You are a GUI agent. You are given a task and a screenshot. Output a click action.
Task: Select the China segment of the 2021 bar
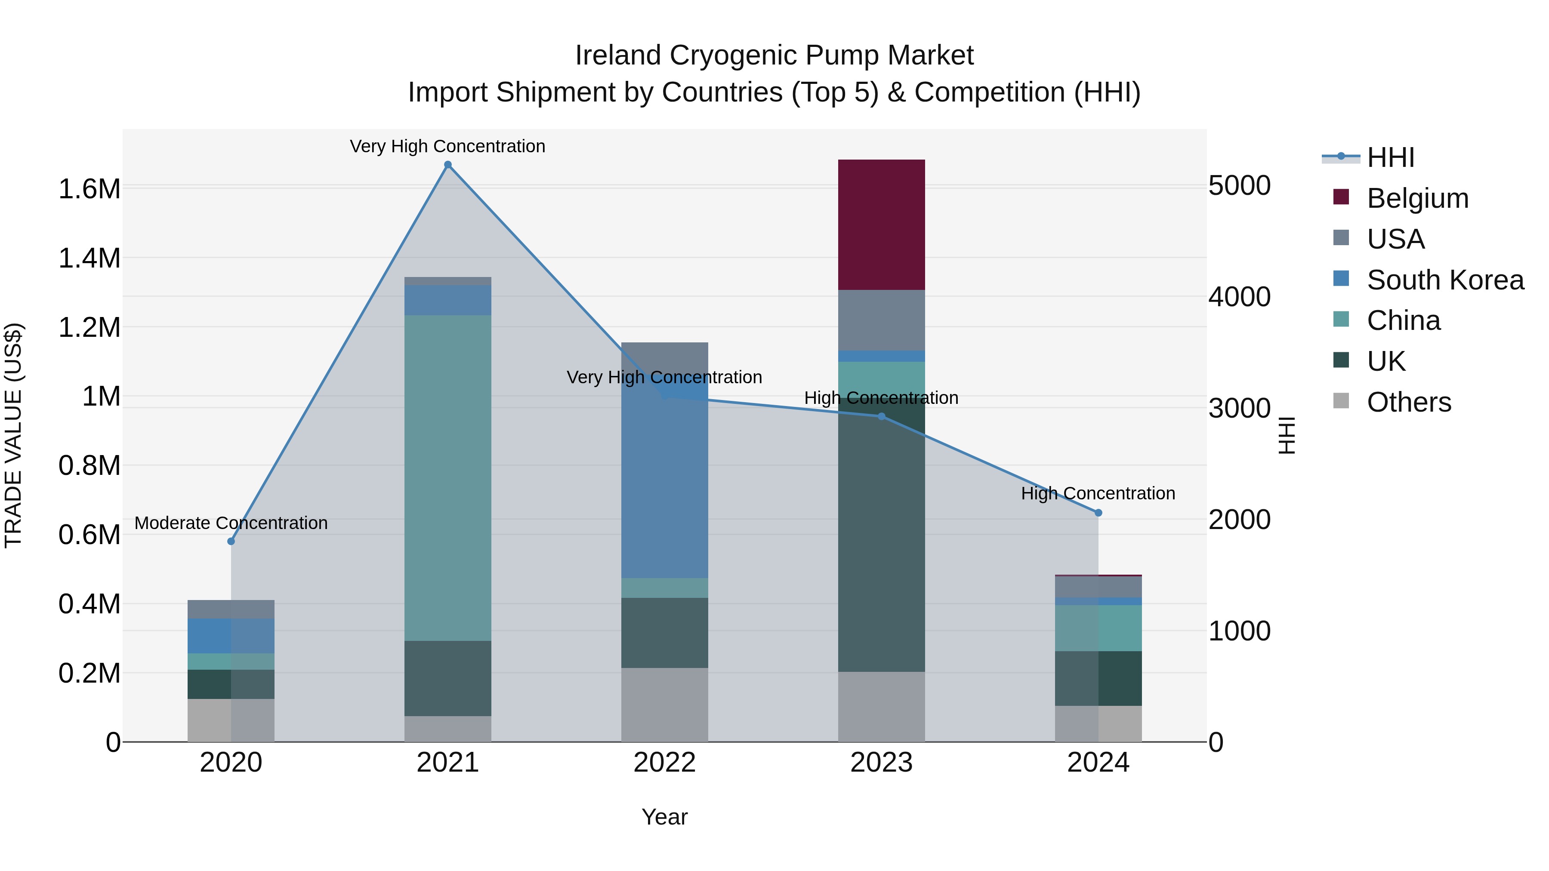point(447,478)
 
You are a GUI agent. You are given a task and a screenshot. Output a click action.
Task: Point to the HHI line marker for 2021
point(447,165)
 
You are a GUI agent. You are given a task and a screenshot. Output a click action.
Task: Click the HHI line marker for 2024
point(1098,513)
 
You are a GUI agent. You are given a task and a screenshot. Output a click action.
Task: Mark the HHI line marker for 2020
point(231,541)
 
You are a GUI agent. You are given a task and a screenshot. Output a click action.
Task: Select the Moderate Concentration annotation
point(231,523)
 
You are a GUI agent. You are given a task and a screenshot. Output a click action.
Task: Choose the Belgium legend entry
point(1417,198)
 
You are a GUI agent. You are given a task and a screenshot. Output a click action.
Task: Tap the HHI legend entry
point(1390,157)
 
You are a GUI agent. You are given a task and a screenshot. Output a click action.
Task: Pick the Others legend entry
point(1408,402)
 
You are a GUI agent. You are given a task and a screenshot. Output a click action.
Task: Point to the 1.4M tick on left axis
point(89,259)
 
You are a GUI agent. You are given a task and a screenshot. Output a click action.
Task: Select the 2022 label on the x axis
point(664,763)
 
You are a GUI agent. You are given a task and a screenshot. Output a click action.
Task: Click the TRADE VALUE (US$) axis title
point(13,435)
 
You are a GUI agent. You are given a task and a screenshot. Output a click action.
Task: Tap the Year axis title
point(664,817)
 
